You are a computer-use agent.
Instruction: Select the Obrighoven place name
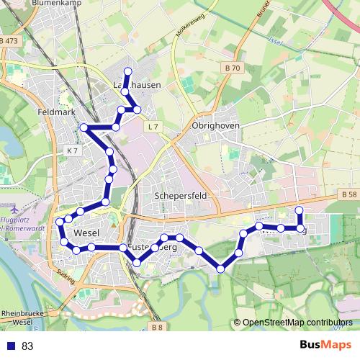coord(215,125)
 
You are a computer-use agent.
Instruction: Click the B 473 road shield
coord(9,42)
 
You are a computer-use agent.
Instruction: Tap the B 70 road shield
coord(232,68)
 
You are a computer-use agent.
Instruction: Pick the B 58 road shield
coord(349,195)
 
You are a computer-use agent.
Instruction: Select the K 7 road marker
coord(71,150)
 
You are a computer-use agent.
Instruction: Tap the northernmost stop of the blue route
coord(128,71)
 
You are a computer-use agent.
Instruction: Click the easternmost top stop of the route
coord(300,210)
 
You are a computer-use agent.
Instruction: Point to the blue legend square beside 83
coord(12,346)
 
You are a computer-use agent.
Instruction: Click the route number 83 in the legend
coord(27,346)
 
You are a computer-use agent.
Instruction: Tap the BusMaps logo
coord(325,345)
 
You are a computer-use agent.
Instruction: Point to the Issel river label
coord(274,41)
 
